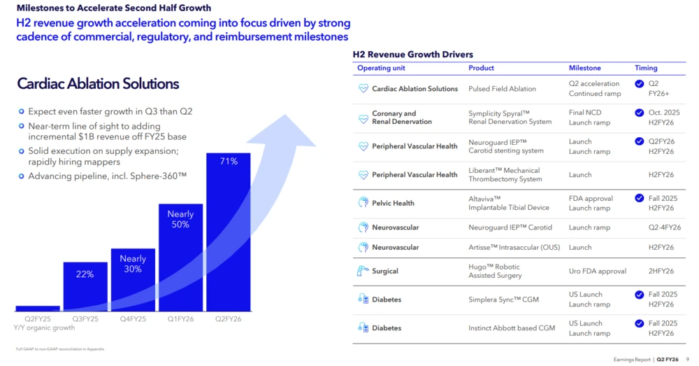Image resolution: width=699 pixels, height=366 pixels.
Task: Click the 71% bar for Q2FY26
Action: click(x=228, y=231)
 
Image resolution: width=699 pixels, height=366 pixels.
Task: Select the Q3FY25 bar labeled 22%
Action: click(x=85, y=286)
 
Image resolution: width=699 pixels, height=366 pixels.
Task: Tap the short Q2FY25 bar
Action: click(x=37, y=308)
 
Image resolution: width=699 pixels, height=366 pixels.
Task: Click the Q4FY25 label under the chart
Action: click(x=133, y=318)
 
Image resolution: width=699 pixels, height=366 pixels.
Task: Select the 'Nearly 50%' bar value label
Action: click(x=180, y=219)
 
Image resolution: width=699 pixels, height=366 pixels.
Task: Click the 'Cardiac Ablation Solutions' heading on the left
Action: click(x=98, y=84)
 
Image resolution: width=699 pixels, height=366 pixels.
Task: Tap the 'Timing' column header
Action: click(x=646, y=68)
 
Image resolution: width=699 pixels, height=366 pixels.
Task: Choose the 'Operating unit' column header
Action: click(x=381, y=68)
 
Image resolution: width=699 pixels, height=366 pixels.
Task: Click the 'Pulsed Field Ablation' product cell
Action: click(x=502, y=89)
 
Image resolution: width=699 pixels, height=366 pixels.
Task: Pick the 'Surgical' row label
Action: click(x=385, y=271)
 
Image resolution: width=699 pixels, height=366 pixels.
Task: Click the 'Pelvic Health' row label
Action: click(x=393, y=203)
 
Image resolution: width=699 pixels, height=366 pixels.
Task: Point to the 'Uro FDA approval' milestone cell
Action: click(x=598, y=271)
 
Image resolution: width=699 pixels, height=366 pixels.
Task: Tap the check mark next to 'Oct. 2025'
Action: click(x=640, y=113)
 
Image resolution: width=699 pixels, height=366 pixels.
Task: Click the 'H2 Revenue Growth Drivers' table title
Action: click(x=412, y=54)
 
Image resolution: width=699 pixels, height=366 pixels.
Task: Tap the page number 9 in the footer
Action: click(x=687, y=359)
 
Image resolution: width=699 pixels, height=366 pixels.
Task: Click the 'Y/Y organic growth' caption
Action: click(x=44, y=328)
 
